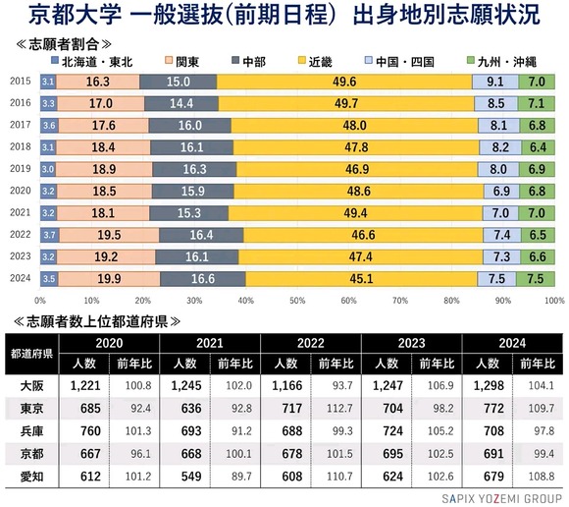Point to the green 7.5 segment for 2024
tap(535, 278)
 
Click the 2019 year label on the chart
tap(19, 169)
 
